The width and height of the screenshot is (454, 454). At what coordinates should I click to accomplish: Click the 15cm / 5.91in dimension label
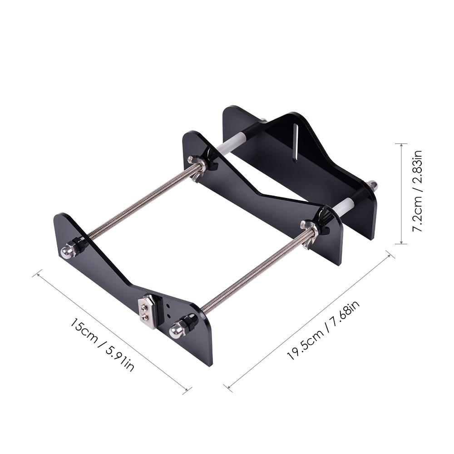[x=102, y=345]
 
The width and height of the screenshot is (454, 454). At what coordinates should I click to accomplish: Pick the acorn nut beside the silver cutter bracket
[x=176, y=331]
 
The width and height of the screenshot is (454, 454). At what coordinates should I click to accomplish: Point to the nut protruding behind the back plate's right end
[x=373, y=185]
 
